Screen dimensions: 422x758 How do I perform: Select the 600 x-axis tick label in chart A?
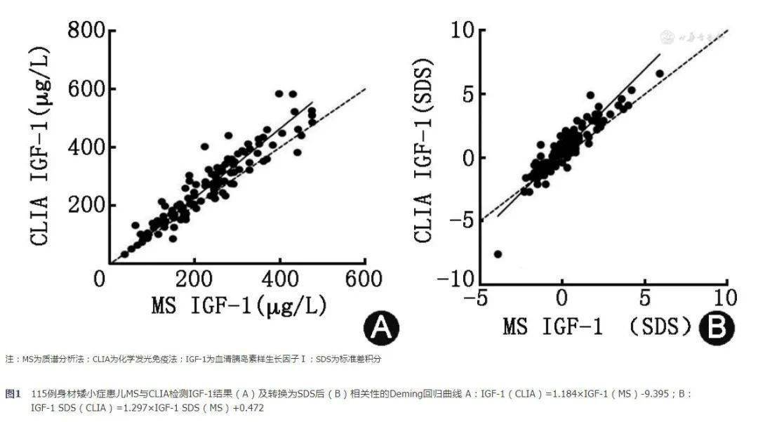pos(365,279)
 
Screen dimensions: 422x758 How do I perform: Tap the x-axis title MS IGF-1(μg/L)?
pos(239,308)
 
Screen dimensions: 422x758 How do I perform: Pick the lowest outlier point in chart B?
pos(498,253)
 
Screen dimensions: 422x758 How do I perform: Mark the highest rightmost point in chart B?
pos(659,73)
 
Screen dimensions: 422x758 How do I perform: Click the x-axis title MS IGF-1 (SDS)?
pos(597,328)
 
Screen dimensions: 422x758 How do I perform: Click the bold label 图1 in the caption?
pos(13,394)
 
